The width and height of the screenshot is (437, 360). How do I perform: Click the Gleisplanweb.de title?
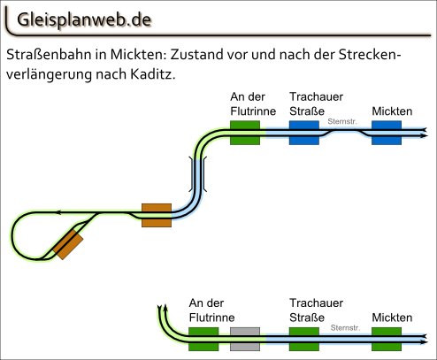(84, 20)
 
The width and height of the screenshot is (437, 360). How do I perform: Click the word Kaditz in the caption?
(153, 74)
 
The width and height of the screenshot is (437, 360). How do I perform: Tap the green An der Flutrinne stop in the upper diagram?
(245, 133)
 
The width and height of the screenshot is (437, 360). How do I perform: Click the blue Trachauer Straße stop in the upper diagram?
(304, 133)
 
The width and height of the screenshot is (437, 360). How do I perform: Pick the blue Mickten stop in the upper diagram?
(387, 133)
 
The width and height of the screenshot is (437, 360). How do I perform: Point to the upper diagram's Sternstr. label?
(342, 121)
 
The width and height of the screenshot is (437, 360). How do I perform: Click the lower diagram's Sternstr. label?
(345, 327)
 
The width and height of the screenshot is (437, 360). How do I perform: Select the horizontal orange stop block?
(157, 215)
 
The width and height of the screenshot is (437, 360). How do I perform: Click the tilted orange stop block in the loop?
(68, 245)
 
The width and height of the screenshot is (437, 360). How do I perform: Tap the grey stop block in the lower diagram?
(245, 339)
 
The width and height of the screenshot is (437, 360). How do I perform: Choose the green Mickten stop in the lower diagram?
(387, 339)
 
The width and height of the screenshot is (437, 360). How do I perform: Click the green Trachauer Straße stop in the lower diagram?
(304, 339)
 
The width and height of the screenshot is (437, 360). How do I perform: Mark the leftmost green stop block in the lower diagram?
(203, 339)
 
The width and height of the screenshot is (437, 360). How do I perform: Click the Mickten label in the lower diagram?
(392, 318)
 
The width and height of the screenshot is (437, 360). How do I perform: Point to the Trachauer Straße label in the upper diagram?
(316, 103)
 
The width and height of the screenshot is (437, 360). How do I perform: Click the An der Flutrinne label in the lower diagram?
(211, 310)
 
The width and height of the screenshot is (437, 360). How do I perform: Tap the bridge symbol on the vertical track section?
(197, 174)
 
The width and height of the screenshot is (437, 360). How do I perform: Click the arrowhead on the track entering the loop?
(59, 212)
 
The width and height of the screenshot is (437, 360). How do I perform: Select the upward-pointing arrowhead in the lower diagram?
(165, 307)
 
